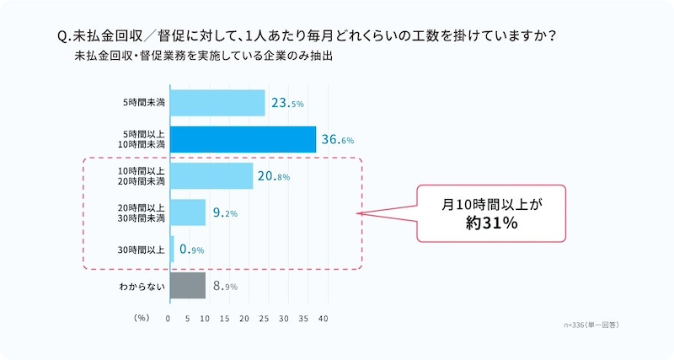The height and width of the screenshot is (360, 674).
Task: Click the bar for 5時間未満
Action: tap(218, 103)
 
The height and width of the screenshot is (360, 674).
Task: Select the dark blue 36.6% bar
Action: tap(243, 140)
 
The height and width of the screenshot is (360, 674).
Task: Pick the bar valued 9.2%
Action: tap(189, 212)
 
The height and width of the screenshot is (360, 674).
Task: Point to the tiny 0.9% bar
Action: tap(173, 249)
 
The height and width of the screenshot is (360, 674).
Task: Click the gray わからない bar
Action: tap(188, 286)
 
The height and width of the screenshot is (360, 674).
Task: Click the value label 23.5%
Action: tap(287, 104)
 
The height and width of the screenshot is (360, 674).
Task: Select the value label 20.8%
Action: tap(275, 176)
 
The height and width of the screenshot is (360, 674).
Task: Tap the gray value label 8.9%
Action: tap(225, 287)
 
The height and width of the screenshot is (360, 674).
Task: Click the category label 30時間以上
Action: tap(143, 250)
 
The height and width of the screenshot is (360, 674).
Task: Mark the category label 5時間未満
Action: tap(143, 103)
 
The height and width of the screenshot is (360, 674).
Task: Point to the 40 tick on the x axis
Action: tap(322, 320)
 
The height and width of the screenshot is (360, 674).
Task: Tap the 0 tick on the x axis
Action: tap(169, 320)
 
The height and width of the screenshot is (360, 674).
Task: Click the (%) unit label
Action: tap(142, 320)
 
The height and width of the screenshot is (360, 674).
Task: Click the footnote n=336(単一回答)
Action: tap(596, 324)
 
